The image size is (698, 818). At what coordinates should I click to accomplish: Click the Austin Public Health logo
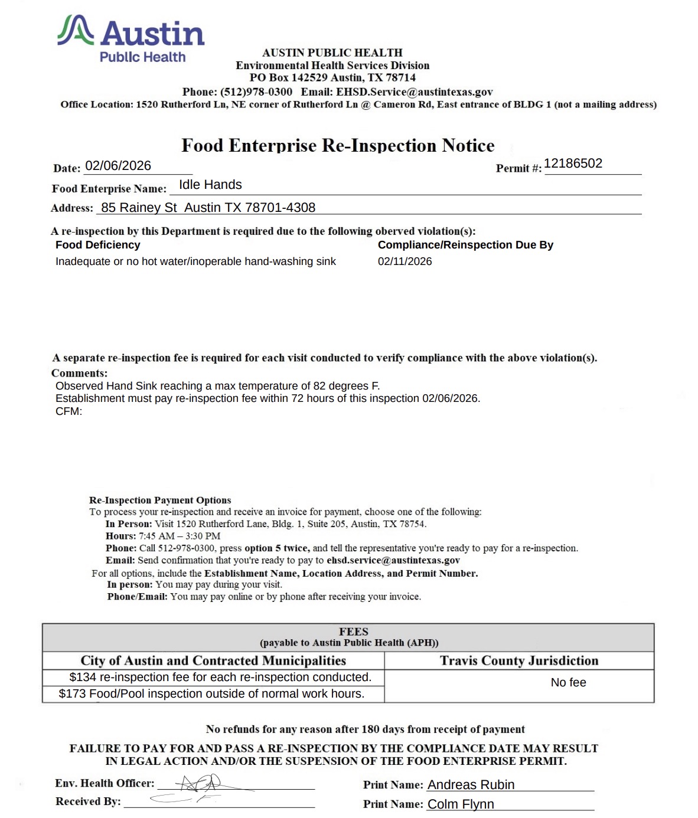131,39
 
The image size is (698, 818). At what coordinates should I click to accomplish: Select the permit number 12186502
573,163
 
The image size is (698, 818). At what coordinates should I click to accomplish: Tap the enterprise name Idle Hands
210,185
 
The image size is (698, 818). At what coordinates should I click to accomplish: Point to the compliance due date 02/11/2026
405,261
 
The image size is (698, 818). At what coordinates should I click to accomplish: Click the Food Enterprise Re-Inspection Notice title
338,145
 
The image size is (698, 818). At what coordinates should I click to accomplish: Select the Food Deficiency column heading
98,245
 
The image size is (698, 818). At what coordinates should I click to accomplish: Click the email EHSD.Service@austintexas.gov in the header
414,92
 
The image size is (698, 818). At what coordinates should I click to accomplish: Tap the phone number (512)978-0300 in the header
256,92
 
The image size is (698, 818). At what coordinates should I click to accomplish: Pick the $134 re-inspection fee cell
220,678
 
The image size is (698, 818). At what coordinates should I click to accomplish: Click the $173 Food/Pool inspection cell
211,694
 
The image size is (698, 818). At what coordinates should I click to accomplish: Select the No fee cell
568,683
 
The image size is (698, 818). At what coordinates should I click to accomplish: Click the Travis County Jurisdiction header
519,661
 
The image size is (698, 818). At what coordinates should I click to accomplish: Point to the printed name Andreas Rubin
471,785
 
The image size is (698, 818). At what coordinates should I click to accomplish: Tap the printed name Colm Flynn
461,804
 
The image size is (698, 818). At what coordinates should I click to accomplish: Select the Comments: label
79,373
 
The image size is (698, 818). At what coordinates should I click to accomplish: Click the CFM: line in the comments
69,411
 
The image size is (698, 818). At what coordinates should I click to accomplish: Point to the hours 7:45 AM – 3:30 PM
180,536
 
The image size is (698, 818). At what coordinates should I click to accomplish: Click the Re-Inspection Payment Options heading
160,500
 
